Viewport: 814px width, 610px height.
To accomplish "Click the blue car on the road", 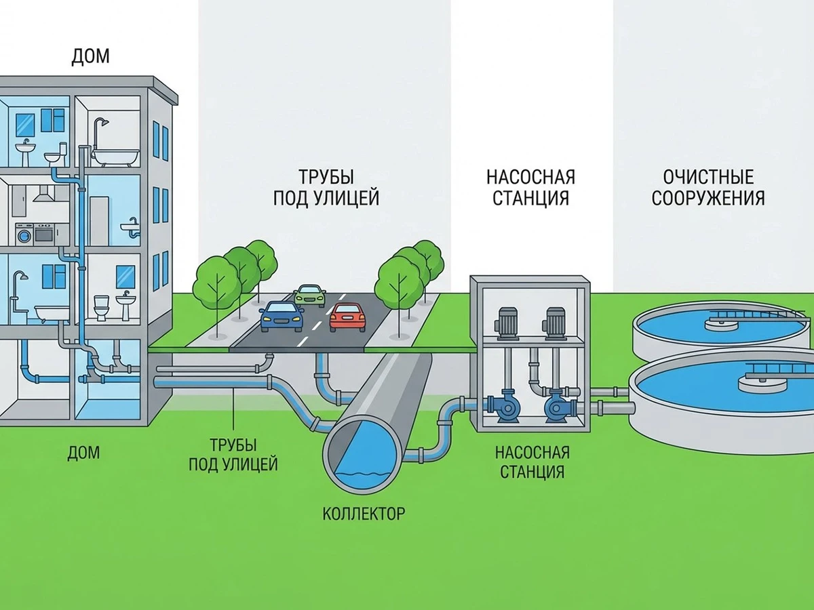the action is tap(281, 317).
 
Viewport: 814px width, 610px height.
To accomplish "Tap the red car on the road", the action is tap(347, 317).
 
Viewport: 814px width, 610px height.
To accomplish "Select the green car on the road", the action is tap(310, 296).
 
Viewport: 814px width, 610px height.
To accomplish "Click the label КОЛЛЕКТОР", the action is tap(364, 514).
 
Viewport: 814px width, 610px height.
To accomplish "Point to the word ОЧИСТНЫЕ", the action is tap(708, 177).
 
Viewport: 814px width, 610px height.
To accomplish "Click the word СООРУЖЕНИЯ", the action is tap(708, 198).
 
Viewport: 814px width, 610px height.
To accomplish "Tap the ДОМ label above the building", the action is tap(90, 57).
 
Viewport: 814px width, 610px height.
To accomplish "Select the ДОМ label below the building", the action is tap(83, 453).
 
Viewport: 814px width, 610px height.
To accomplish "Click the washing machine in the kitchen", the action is tap(24, 234).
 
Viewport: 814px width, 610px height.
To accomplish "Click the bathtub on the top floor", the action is tap(115, 157).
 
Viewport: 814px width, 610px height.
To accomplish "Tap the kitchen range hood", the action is tap(44, 194).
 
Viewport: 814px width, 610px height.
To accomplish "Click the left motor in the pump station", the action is tap(506, 323).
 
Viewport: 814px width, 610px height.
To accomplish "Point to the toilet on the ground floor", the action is tap(102, 308).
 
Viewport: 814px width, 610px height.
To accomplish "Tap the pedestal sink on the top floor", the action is tap(25, 154).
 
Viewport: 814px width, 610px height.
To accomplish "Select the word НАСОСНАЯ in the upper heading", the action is tap(530, 177).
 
